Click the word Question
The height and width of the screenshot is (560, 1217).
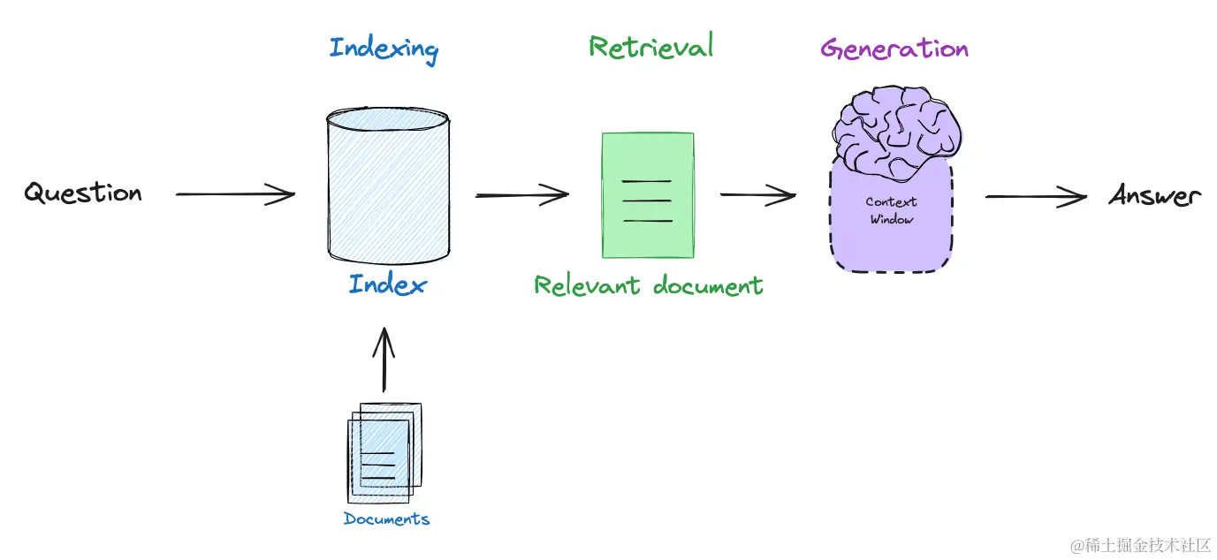pyautogui.click(x=83, y=193)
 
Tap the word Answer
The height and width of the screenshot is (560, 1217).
pyautogui.click(x=1155, y=195)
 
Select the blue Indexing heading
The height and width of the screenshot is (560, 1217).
pyautogui.click(x=384, y=49)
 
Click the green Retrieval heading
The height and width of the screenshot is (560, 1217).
pyautogui.click(x=650, y=46)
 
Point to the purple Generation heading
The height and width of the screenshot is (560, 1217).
pyautogui.click(x=894, y=48)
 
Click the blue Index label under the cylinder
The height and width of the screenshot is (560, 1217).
pyautogui.click(x=387, y=284)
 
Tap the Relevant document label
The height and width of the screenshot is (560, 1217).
pyautogui.click(x=649, y=285)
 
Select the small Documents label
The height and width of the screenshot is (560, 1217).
pyautogui.click(x=386, y=518)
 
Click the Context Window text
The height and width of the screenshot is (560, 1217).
pyautogui.click(x=892, y=210)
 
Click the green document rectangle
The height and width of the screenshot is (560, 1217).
pyautogui.click(x=647, y=194)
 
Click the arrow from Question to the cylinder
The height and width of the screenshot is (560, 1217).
pyautogui.click(x=235, y=193)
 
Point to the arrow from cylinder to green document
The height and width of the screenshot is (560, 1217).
pyautogui.click(x=521, y=194)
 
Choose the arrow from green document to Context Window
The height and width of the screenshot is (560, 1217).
pyautogui.click(x=757, y=195)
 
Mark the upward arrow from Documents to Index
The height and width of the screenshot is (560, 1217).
pyautogui.click(x=384, y=359)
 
